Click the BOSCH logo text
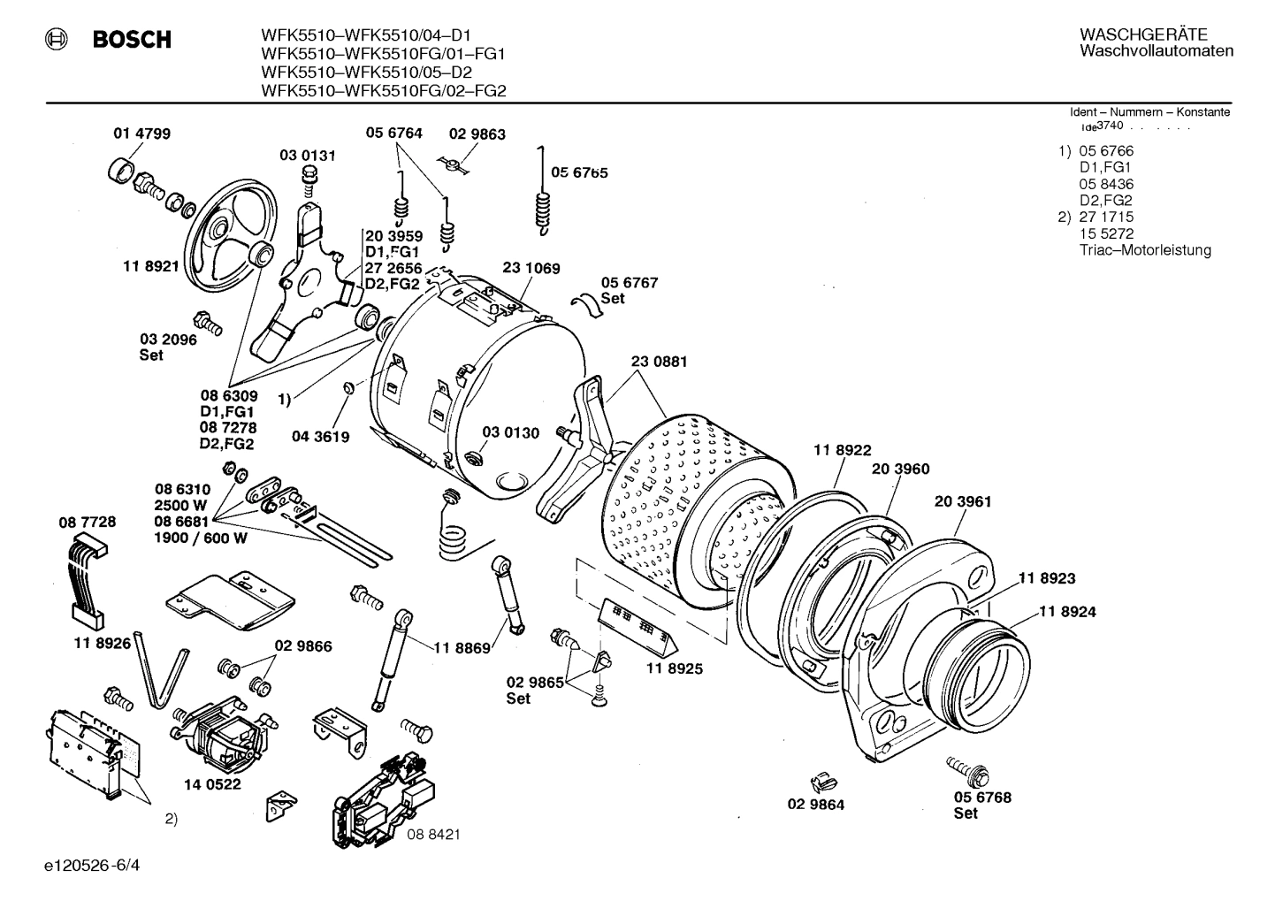tap(131, 40)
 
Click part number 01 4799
tap(141, 134)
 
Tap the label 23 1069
tap(531, 268)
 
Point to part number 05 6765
tap(579, 172)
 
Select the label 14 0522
tap(212, 783)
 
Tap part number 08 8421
tap(433, 834)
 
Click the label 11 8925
tap(674, 668)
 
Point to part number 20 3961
tap(963, 501)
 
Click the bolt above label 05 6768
tap(966, 768)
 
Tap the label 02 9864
tap(816, 805)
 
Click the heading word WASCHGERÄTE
tap(1142, 34)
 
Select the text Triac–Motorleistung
tap(1145, 250)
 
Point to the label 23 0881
tap(659, 362)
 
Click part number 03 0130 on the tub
tap(510, 432)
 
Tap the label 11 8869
tap(462, 648)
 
